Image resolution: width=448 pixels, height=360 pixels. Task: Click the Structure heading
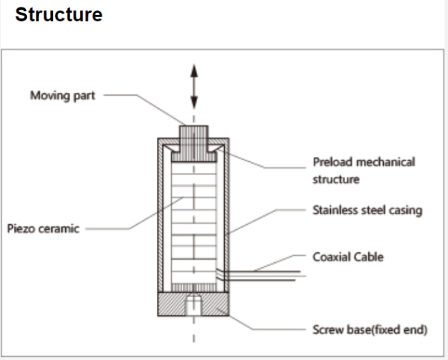pos(59,15)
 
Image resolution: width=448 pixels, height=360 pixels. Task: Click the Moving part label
pos(62,96)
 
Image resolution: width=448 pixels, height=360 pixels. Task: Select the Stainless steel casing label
pos(367,210)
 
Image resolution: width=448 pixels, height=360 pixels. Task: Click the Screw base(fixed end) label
pos(370,329)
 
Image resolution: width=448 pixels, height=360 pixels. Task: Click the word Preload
pos(331,162)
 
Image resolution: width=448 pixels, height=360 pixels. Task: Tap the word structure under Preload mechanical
pos(336,179)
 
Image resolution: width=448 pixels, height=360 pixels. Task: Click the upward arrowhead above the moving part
pos(194,71)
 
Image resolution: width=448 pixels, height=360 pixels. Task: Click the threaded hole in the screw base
pos(194,305)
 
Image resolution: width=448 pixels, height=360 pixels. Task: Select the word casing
pos(404,210)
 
